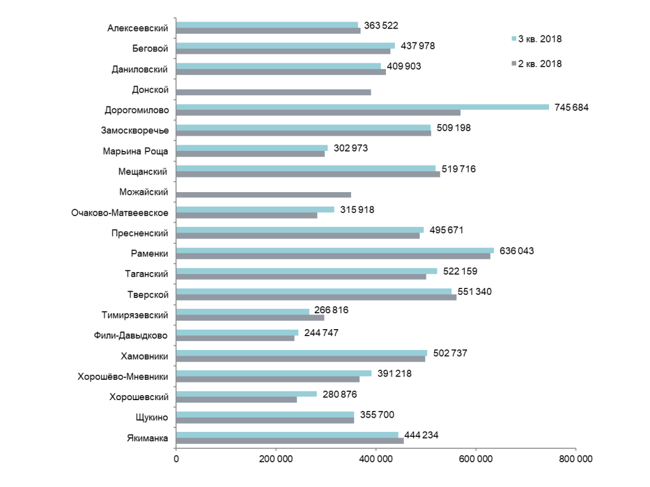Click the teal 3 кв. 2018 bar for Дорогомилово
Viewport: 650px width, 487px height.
(362, 107)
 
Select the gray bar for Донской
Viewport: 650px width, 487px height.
(274, 93)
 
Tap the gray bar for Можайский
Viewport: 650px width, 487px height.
(263, 195)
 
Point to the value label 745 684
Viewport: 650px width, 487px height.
(571, 108)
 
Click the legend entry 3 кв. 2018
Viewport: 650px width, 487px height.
(537, 39)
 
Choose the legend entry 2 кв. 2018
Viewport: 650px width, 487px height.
(537, 64)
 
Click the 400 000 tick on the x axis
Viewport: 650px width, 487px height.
(376, 459)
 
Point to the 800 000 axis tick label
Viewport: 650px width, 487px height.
(575, 459)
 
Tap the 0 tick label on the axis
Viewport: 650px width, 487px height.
(176, 459)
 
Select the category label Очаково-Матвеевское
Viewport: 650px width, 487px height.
(120, 213)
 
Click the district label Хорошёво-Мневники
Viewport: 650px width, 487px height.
(123, 377)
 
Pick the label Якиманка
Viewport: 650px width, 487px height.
(147, 438)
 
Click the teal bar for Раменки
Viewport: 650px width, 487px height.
(335, 250)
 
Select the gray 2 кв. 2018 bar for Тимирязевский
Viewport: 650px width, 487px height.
(250, 318)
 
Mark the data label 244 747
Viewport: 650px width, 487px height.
(321, 333)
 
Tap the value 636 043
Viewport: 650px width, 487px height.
(517, 251)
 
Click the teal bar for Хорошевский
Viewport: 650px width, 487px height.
(246, 394)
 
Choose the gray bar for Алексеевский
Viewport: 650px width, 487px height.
(269, 30)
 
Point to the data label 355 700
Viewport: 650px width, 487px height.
(377, 415)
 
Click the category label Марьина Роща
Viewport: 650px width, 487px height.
(135, 151)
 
